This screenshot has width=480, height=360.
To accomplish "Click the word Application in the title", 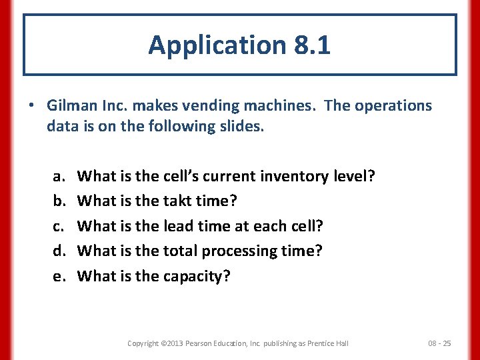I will tap(215, 45).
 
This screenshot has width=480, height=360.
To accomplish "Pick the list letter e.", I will tap(57, 276).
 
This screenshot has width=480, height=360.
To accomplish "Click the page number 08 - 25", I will tap(439, 343).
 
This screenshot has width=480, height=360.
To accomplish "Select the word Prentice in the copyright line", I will tap(318, 343).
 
